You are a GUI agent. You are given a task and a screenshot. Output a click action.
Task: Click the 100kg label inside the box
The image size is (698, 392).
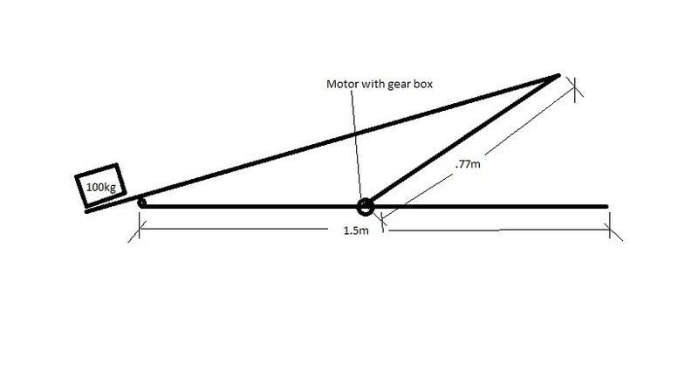(101, 187)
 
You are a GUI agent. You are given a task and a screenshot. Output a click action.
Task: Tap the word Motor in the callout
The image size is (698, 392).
(341, 84)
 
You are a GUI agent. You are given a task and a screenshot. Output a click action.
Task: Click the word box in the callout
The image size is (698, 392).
(423, 84)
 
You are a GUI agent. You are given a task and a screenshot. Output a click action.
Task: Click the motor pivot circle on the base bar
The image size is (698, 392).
(366, 207)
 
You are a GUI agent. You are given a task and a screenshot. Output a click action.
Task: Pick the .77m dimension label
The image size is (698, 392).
(468, 164)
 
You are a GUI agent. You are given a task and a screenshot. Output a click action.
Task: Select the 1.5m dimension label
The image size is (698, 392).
(356, 230)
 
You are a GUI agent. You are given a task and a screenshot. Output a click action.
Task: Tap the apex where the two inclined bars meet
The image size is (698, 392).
(558, 76)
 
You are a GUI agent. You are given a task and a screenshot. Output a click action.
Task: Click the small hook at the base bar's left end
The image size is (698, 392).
(142, 203)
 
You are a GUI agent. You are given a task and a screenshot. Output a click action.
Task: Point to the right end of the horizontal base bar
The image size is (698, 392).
(606, 207)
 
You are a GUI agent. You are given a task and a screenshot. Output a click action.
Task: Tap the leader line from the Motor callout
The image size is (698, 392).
(356, 144)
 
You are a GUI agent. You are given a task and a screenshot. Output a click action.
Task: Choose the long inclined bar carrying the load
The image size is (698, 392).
(322, 143)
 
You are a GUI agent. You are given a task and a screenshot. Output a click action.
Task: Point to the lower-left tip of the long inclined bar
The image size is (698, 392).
(86, 211)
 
